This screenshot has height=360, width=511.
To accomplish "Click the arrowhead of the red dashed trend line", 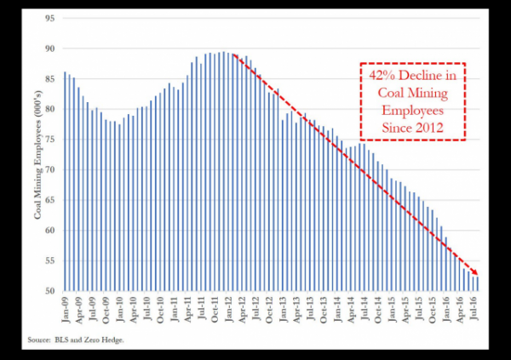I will pyautogui.click(x=475, y=273).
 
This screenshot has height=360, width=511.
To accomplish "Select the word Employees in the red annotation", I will pyautogui.click(x=413, y=111).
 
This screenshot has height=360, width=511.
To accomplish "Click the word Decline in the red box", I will pyautogui.click(x=419, y=76).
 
